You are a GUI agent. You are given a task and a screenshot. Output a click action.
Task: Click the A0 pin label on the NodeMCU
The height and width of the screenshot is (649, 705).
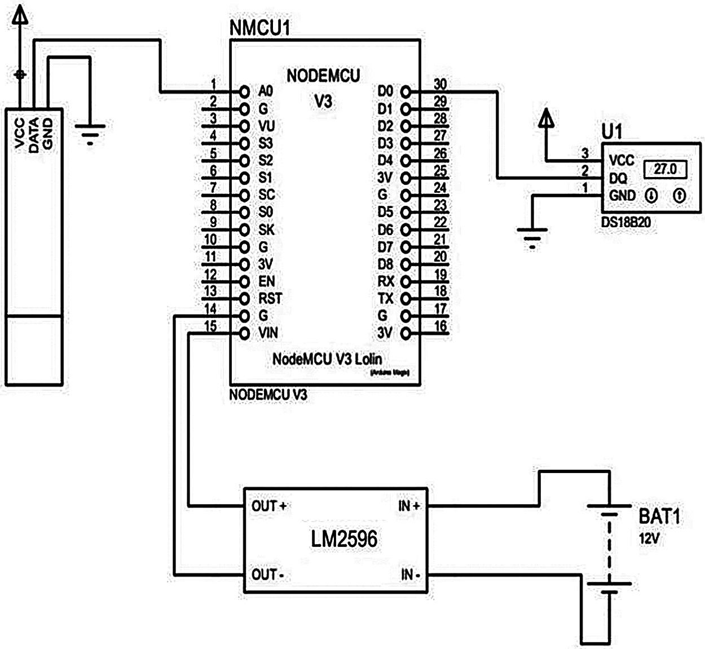[265, 91]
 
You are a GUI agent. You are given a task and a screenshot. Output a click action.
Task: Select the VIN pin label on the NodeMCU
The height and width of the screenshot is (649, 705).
[268, 333]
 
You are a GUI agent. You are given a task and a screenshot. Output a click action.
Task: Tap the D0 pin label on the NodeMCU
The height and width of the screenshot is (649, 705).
[385, 91]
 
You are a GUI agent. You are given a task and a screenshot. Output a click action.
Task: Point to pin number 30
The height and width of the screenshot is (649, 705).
[440, 84]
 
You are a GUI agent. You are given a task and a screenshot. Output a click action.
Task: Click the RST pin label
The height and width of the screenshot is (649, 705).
[270, 298]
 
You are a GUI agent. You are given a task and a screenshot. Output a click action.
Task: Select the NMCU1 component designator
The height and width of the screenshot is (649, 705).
[259, 28]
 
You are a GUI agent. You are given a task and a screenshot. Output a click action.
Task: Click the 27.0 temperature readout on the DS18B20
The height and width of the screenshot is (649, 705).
[665, 169]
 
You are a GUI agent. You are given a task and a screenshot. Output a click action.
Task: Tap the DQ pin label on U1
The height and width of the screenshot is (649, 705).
[618, 179]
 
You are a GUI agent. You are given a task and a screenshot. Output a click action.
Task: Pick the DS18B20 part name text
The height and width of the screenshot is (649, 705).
[625, 222]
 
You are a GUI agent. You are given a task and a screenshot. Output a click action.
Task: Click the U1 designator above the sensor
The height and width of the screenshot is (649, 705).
[612, 132]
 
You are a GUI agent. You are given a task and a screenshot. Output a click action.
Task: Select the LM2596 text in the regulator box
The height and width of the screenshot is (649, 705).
[344, 539]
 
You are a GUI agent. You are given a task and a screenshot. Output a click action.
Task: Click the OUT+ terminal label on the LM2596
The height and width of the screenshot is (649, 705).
[269, 506]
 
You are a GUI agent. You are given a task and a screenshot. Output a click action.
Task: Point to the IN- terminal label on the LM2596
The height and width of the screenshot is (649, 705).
[410, 575]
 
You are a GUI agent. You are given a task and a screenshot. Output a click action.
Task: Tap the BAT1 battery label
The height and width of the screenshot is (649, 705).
[659, 516]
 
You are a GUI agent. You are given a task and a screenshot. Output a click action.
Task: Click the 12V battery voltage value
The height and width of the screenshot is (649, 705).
[649, 538]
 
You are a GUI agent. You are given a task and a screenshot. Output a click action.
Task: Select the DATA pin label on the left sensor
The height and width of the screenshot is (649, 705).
[34, 135]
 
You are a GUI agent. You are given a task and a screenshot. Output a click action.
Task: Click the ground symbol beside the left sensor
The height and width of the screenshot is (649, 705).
[90, 133]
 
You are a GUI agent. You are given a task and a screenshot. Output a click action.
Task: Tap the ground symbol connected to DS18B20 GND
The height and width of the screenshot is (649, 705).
[532, 236]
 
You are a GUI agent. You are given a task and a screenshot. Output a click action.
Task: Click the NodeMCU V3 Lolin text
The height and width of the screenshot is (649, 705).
[327, 359]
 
